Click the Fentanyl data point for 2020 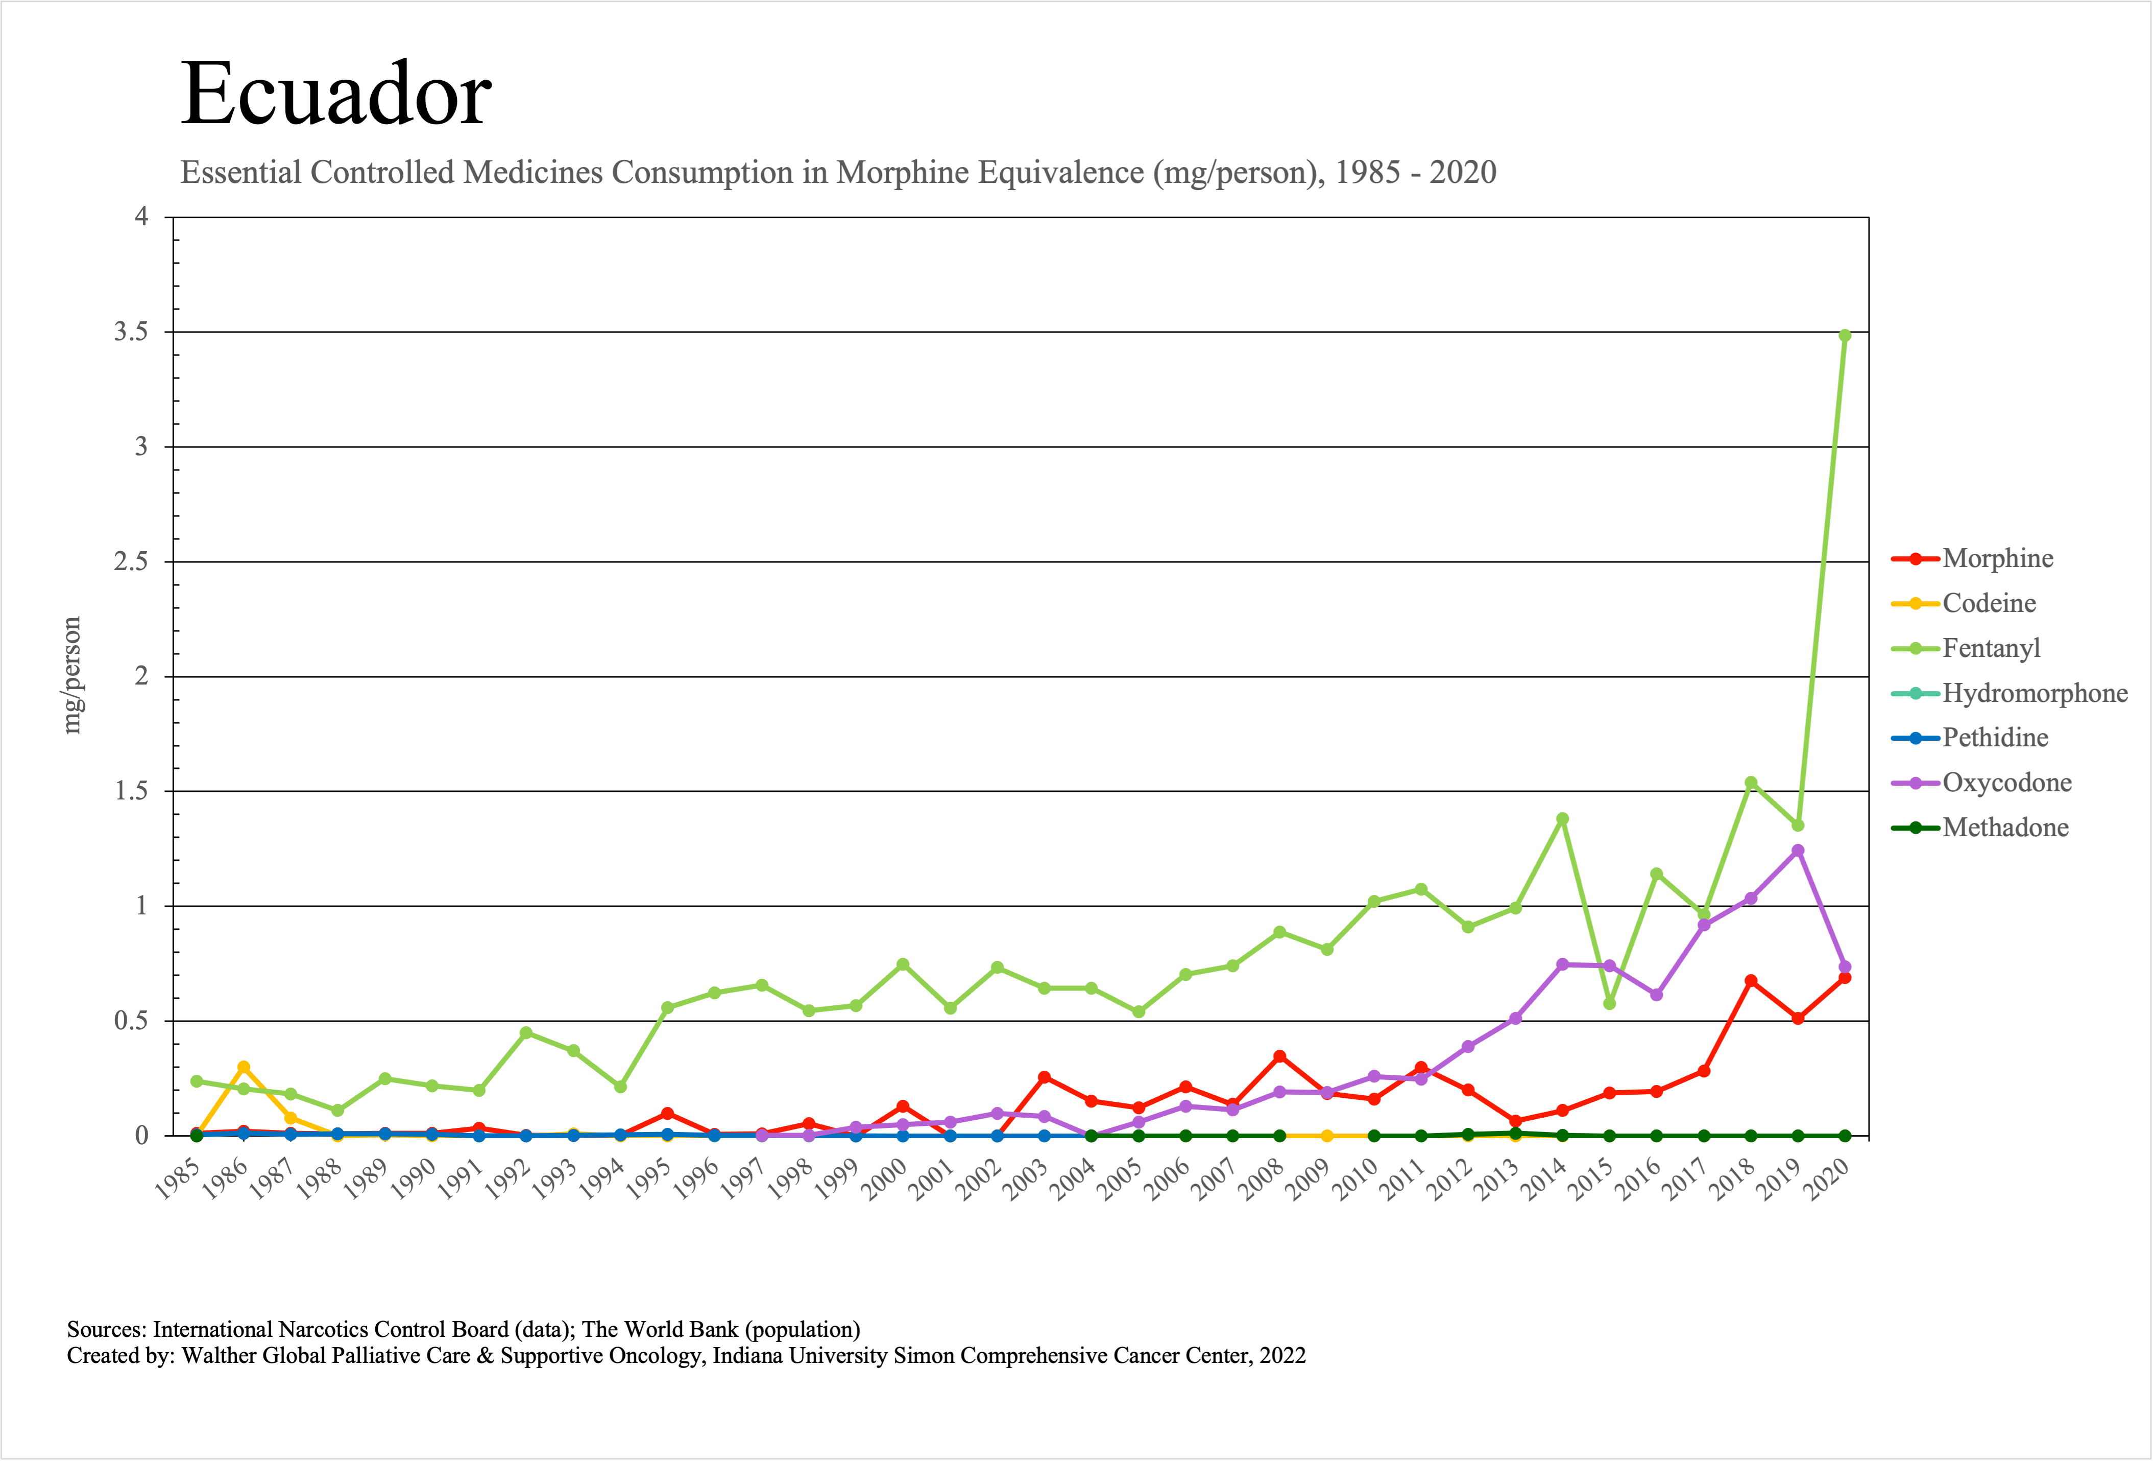(x=1845, y=336)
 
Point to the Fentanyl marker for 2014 (x=1562, y=819)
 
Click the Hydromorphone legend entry (x=2035, y=693)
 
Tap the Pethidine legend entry (x=1995, y=738)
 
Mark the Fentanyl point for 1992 (x=526, y=1032)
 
